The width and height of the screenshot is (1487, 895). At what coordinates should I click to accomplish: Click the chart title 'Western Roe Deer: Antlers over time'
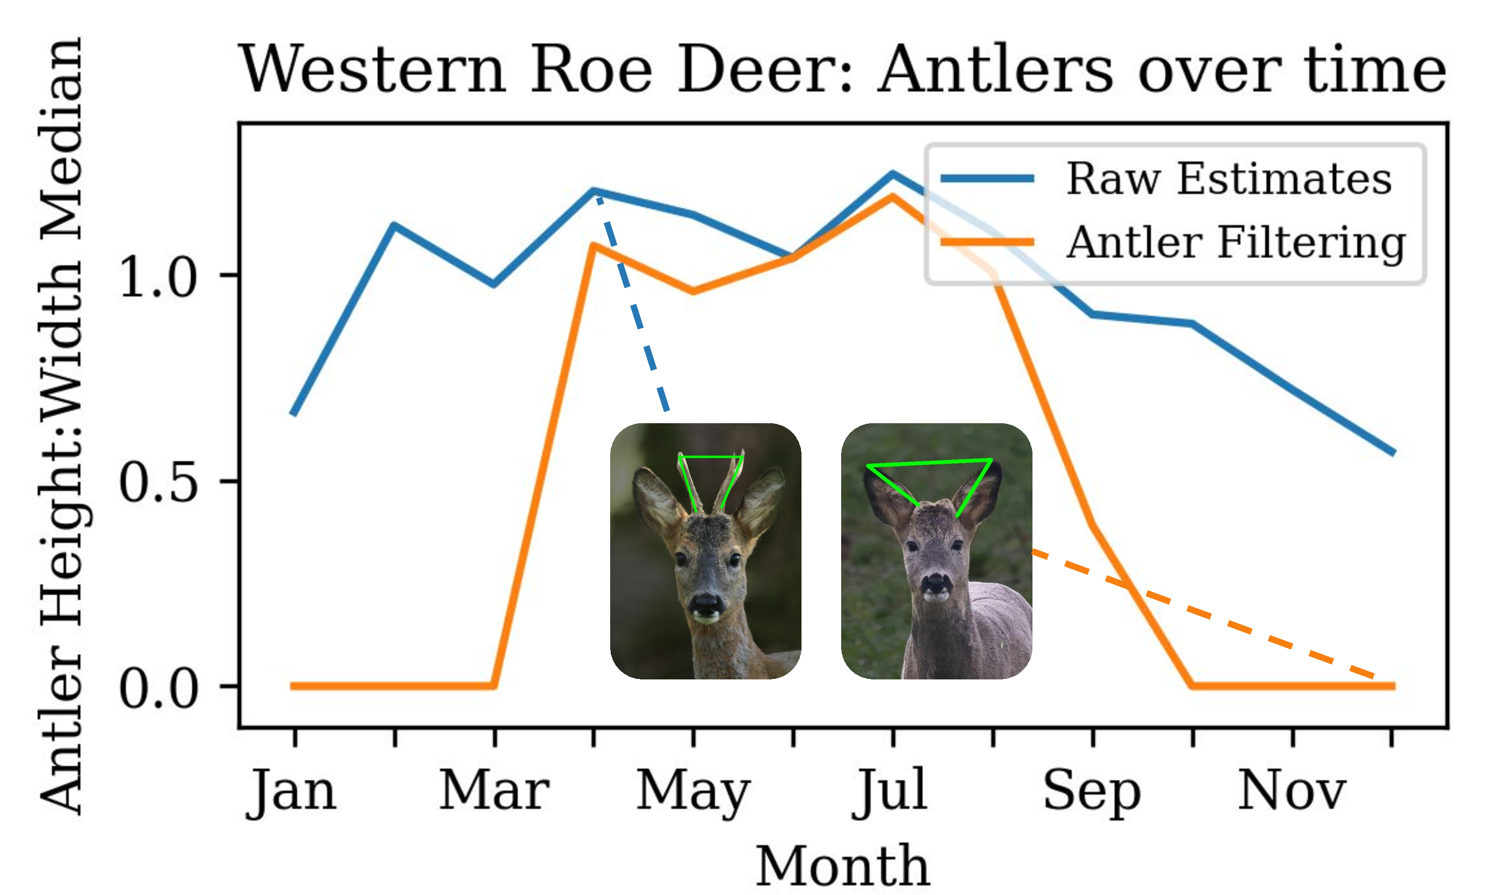[843, 69]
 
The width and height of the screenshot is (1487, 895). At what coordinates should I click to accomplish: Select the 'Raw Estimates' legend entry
[1167, 178]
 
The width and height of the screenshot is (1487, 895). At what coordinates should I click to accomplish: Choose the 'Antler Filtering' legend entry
[1174, 242]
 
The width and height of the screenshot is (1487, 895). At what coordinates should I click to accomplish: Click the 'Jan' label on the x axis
[291, 791]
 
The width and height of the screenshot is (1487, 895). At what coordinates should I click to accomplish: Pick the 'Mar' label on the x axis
[494, 790]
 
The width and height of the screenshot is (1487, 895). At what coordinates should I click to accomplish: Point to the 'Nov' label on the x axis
[1292, 790]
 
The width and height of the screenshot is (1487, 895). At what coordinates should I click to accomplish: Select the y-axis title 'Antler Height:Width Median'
[60, 425]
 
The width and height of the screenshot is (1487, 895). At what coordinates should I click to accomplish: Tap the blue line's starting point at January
[293, 414]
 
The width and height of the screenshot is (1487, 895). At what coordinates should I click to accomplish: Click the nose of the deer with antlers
[706, 604]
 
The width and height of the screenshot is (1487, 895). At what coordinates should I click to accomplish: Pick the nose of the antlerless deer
[936, 583]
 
